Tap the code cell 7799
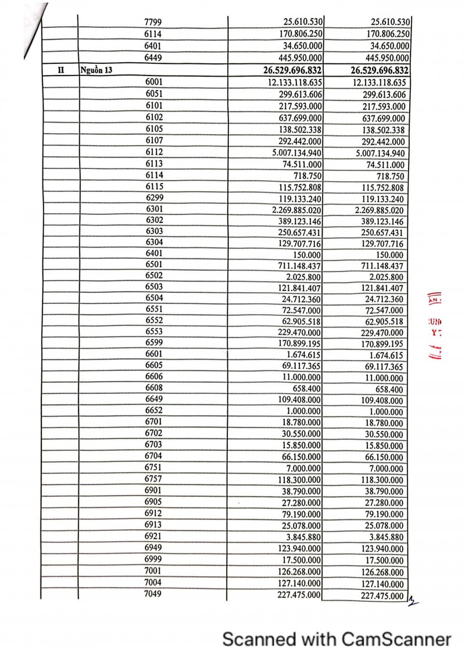(x=153, y=22)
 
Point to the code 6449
(x=153, y=58)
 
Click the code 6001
(x=155, y=82)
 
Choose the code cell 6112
(x=155, y=152)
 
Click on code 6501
(x=155, y=265)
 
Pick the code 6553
(x=155, y=332)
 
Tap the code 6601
(x=155, y=354)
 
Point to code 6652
(x=155, y=410)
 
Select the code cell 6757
(x=155, y=479)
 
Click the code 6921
(x=155, y=536)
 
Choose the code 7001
(x=155, y=570)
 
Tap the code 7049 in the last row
(x=153, y=594)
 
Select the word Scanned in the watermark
(x=259, y=640)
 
